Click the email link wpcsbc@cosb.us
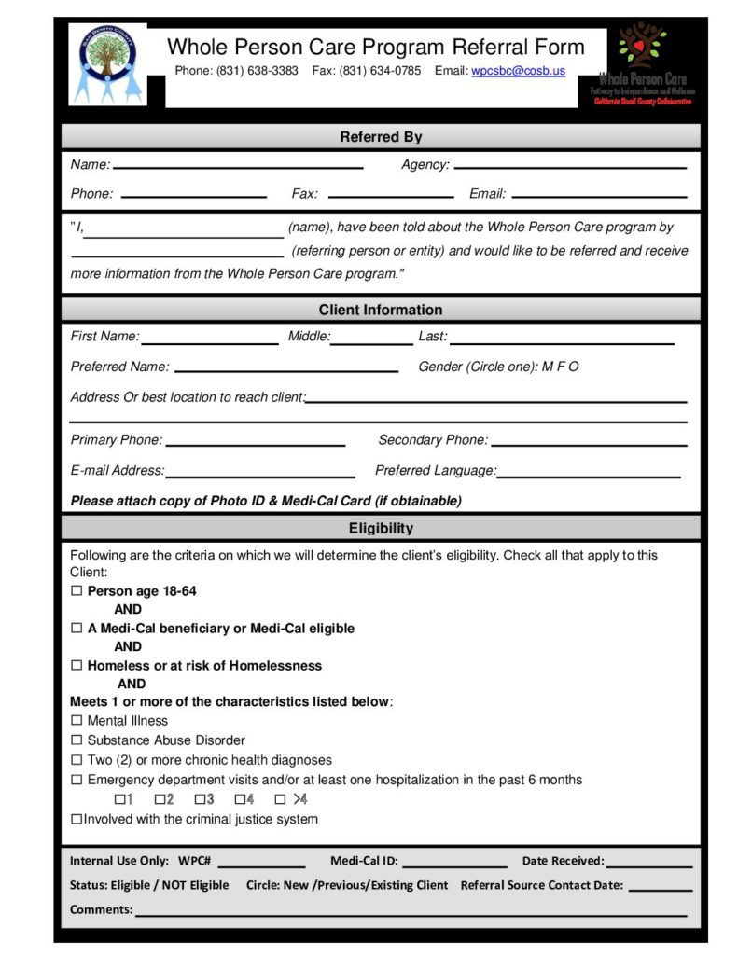pyautogui.click(x=518, y=71)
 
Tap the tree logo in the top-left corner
pyautogui.click(x=108, y=64)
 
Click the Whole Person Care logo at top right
pyautogui.click(x=642, y=63)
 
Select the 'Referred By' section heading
pyautogui.click(x=381, y=137)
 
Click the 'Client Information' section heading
pyautogui.click(x=381, y=310)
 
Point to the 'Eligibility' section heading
pyautogui.click(x=381, y=528)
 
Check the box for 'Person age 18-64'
pyautogui.click(x=77, y=591)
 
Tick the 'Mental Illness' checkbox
pyautogui.click(x=77, y=721)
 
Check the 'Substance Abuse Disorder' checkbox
pyautogui.click(x=77, y=740)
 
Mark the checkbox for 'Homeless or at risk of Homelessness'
pyautogui.click(x=77, y=666)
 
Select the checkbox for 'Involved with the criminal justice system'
pyautogui.click(x=77, y=820)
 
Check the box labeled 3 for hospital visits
pyautogui.click(x=200, y=799)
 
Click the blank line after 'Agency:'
pyautogui.click(x=569, y=166)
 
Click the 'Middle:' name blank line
pyautogui.click(x=371, y=341)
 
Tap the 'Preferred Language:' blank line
pyautogui.click(x=589, y=476)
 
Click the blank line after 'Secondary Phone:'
pyautogui.click(x=589, y=445)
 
